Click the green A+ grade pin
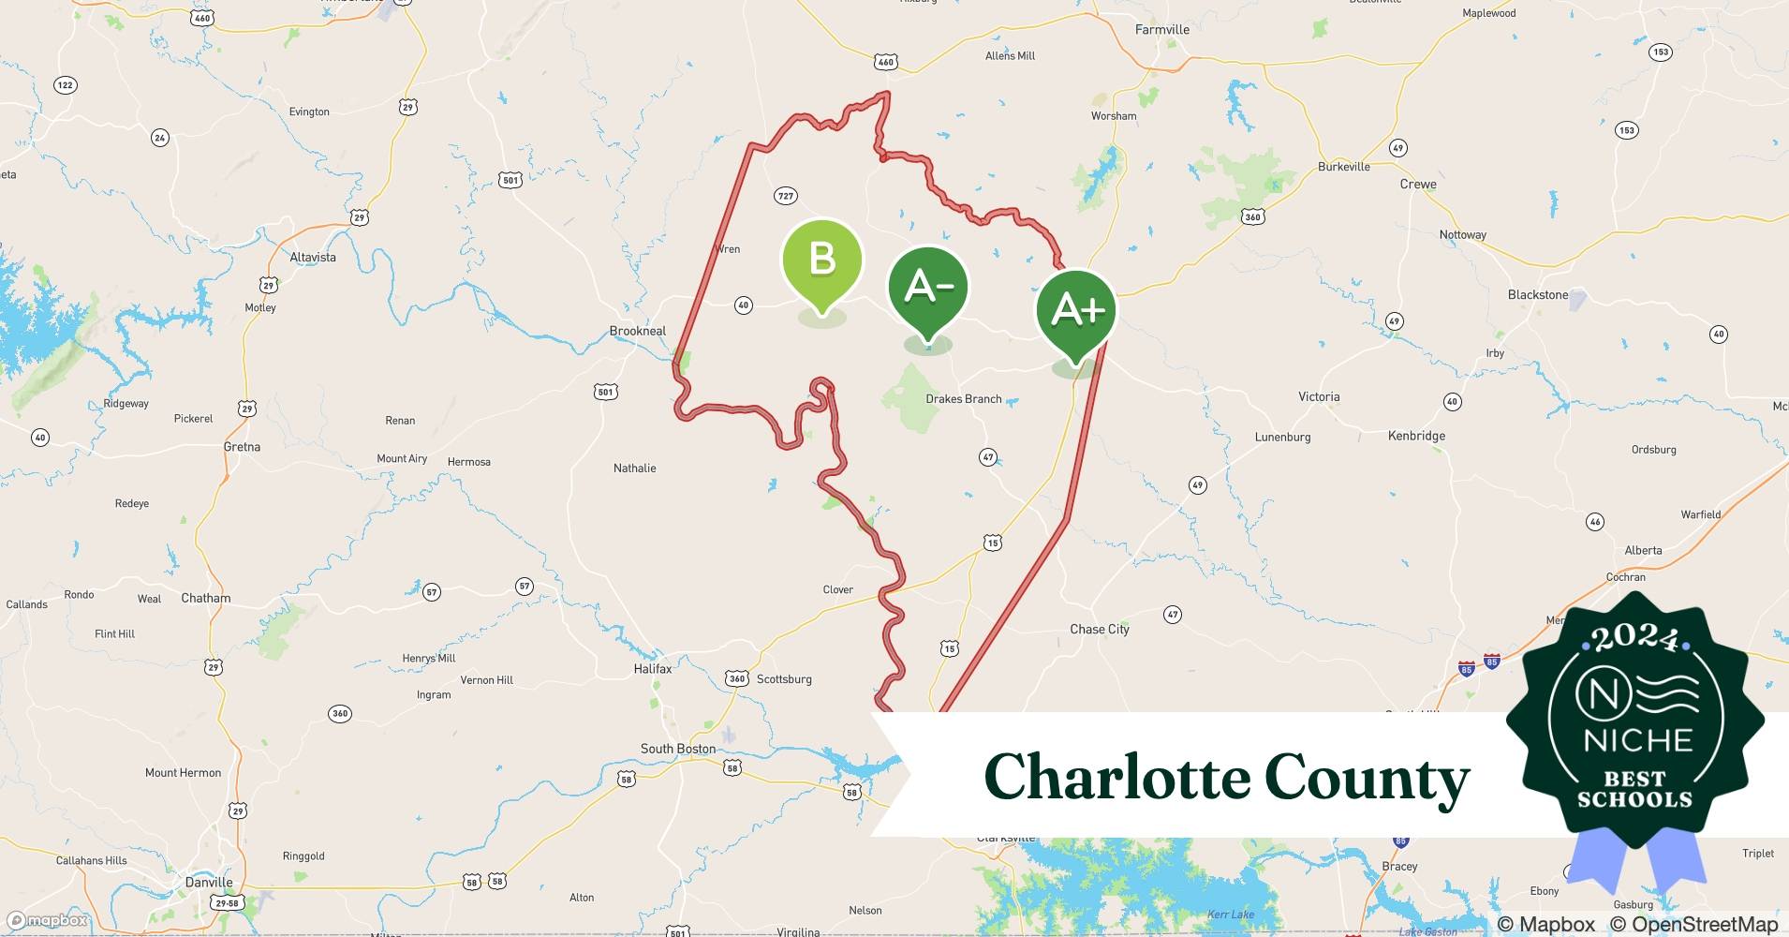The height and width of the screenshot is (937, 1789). coord(1076,310)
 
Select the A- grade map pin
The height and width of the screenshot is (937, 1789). coord(927,287)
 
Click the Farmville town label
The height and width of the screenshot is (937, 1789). coord(1161,30)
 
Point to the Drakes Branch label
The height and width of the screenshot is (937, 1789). coord(963,399)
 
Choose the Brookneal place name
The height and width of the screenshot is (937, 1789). coord(638,331)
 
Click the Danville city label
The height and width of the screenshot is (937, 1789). coord(209,883)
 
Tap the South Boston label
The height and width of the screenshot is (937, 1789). coord(678,749)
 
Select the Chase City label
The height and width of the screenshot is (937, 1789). coord(1100,630)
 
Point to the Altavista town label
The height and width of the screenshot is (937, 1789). coord(313,258)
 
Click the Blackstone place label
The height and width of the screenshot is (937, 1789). coord(1537,295)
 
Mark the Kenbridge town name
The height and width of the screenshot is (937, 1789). coord(1416,436)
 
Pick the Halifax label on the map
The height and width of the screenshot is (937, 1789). coord(653,669)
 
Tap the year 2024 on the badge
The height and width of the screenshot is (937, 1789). coord(1634,639)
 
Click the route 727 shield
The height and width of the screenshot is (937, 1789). coord(785,196)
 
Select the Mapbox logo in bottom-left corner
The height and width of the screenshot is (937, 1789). coord(47,921)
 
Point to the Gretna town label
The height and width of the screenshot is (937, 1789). coord(242,447)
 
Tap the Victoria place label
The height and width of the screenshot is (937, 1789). coord(1319,397)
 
